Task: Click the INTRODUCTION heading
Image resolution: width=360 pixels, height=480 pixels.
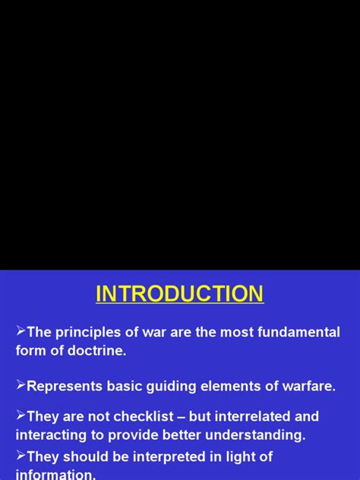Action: click(x=180, y=294)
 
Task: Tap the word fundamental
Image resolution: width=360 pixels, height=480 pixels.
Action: click(x=298, y=332)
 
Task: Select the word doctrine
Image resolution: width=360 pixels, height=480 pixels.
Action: click(x=96, y=350)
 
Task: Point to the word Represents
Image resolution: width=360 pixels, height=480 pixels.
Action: click(x=65, y=387)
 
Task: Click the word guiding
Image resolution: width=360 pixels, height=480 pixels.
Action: click(x=171, y=387)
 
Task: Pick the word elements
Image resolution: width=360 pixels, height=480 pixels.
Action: click(x=231, y=386)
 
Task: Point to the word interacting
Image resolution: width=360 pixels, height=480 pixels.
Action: click(x=51, y=435)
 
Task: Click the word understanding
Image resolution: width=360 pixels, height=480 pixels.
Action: click(x=255, y=435)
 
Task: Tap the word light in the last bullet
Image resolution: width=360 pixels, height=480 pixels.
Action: click(x=242, y=457)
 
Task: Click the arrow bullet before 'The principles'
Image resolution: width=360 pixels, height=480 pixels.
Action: click(x=21, y=330)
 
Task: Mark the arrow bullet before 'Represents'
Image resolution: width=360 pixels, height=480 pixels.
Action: click(x=21, y=384)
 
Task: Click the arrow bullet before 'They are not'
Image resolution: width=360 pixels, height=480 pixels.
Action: click(x=21, y=415)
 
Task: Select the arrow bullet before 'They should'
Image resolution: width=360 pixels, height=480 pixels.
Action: click(x=21, y=455)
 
